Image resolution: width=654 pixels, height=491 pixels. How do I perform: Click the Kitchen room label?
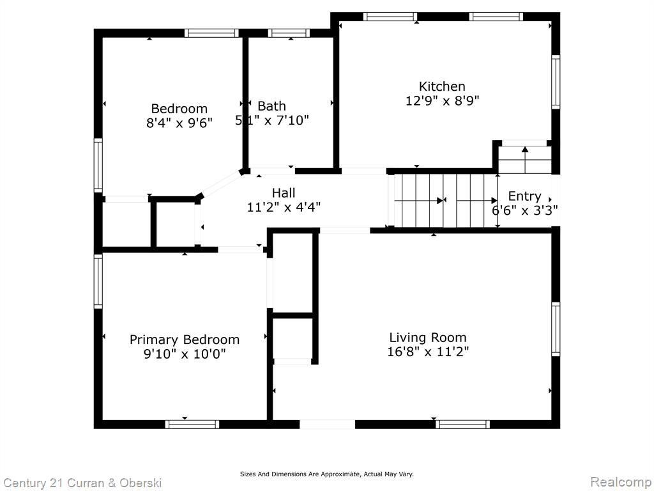442,86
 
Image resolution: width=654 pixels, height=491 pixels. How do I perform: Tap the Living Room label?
427,338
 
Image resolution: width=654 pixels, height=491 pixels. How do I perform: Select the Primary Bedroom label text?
185,340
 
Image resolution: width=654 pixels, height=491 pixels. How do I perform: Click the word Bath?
271,106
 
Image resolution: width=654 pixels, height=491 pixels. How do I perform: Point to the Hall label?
284,193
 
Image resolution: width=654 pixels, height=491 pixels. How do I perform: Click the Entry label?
524,196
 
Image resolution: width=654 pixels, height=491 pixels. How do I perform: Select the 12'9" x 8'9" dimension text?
442,100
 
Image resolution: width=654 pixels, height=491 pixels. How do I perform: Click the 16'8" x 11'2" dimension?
428,352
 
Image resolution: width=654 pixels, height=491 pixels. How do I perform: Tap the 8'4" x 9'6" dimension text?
179,123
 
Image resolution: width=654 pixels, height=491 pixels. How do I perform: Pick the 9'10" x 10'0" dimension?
185,354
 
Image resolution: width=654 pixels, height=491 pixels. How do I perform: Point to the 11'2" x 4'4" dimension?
284,207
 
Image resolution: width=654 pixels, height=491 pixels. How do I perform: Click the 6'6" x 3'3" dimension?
525,210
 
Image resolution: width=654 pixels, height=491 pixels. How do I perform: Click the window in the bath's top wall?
289,33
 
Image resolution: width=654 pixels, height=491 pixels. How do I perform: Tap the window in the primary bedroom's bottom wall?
192,425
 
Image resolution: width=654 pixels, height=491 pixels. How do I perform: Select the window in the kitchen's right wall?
556,82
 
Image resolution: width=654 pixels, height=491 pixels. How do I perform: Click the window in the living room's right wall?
556,329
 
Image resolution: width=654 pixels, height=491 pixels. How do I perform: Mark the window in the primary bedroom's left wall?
98,281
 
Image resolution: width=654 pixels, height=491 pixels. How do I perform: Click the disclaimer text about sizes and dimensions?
326,474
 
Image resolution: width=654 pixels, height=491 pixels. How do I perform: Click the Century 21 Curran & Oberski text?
82,483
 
